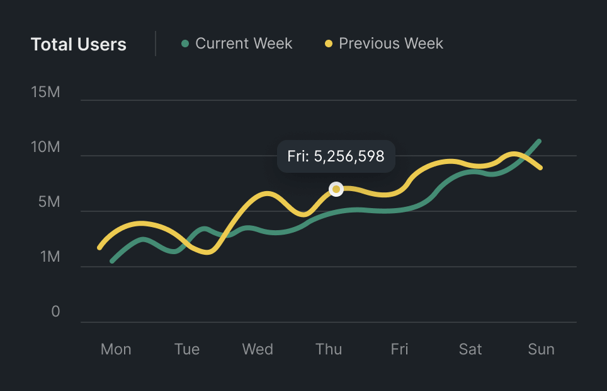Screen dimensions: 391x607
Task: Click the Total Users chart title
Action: coord(79,45)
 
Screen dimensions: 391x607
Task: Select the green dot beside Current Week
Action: coord(185,44)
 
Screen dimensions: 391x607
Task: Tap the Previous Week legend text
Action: coord(390,44)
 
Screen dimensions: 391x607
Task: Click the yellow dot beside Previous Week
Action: coord(329,44)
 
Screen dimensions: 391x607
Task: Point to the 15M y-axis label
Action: coord(45,92)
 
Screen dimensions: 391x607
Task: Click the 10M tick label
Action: coord(45,148)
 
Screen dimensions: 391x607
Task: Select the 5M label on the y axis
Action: coord(49,202)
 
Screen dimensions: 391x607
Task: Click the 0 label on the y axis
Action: coord(55,312)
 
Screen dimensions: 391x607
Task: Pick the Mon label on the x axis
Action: coord(116,349)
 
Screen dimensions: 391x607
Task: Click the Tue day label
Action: coord(187,349)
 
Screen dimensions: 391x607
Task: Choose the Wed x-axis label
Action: coord(258,349)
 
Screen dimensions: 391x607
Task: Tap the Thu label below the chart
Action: coord(329,349)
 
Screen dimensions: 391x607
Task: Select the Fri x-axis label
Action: coord(399,349)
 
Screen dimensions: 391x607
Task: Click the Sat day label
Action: coord(470,349)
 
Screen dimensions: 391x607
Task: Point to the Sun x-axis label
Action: coord(541,349)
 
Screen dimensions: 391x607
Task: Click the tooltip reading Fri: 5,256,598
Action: coord(336,156)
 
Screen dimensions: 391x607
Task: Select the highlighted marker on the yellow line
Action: coord(336,189)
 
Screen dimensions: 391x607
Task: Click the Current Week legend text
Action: coord(244,44)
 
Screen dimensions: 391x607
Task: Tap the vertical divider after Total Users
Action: coord(156,44)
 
